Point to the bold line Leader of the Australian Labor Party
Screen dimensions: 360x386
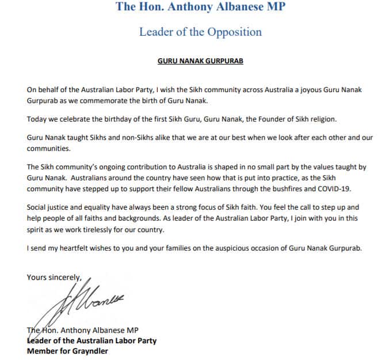point(91,340)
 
